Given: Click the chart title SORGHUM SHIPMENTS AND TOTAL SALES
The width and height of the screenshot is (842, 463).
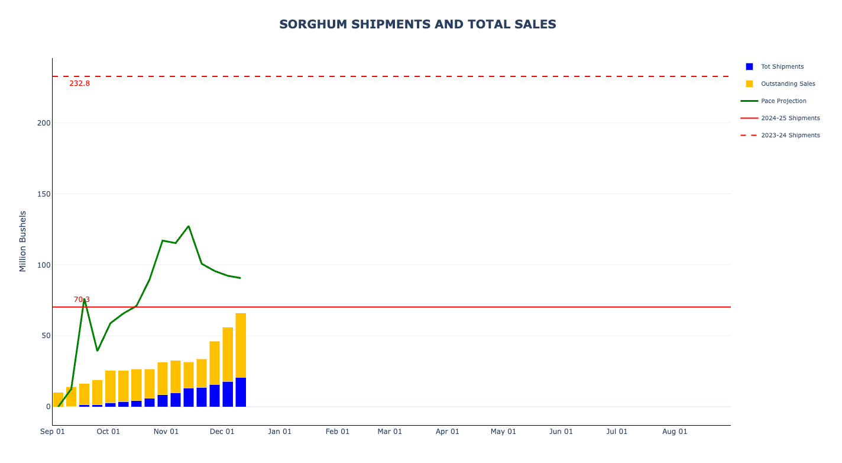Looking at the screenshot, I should (417, 24).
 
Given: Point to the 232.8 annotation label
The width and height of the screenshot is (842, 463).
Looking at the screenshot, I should (79, 83).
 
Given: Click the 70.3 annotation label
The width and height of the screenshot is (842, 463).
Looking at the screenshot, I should (82, 300).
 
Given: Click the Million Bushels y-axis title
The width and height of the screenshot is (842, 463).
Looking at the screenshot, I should (23, 242).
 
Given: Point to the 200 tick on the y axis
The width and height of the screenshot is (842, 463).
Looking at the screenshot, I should (44, 123).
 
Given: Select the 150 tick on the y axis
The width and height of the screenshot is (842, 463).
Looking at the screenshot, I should (44, 194).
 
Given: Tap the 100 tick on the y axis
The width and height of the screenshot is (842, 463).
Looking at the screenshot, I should (44, 265).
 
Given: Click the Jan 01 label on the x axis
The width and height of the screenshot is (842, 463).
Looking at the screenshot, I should (280, 432).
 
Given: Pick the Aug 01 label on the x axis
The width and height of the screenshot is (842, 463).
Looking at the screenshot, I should (675, 432).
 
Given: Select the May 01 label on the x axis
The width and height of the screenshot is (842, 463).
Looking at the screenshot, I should (503, 432).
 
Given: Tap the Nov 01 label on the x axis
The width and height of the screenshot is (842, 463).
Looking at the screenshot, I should (166, 432).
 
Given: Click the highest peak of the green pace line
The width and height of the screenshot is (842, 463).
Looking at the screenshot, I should (189, 226).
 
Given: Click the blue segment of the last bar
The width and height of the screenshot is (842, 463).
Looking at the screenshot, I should (241, 392).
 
